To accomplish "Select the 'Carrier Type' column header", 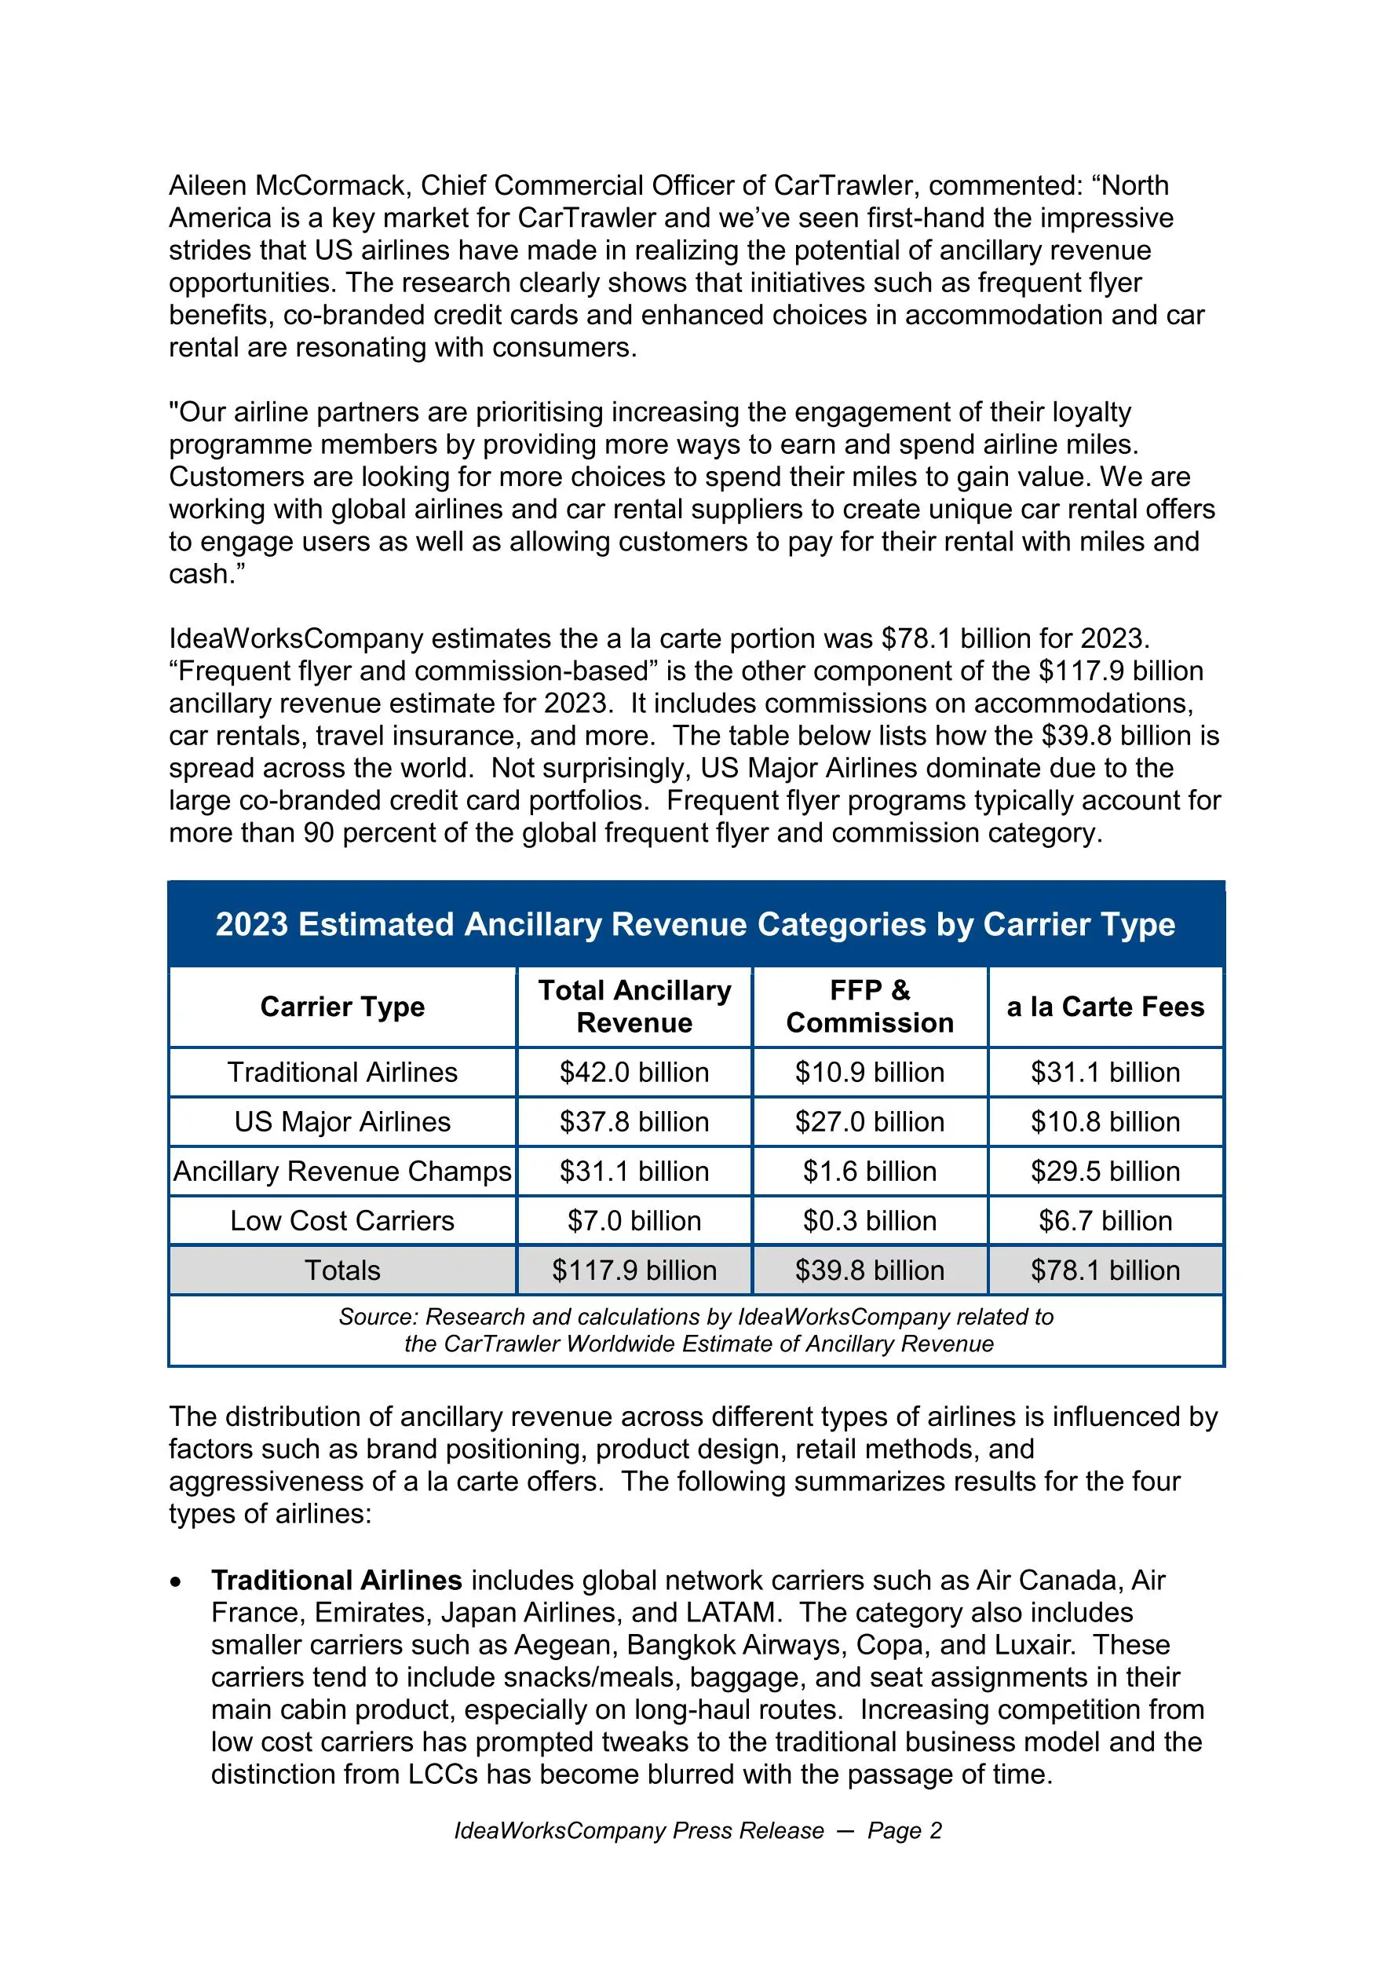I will (342, 1007).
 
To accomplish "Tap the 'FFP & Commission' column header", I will (870, 1007).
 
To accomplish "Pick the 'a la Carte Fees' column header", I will (1105, 1007).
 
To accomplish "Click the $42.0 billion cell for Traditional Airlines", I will (634, 1072).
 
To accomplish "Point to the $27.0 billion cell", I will (870, 1122).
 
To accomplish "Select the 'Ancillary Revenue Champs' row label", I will (342, 1171).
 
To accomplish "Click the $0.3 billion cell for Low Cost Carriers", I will (870, 1221).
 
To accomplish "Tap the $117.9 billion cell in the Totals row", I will (634, 1270).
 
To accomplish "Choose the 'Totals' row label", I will (342, 1270).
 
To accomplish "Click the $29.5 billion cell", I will (1105, 1171).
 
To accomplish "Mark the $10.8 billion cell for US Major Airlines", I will (1105, 1122).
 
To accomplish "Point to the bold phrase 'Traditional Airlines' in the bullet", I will (336, 1581).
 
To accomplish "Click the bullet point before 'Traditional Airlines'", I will (176, 1582).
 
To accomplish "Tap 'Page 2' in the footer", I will (904, 1831).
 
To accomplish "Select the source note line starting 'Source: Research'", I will (696, 1317).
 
